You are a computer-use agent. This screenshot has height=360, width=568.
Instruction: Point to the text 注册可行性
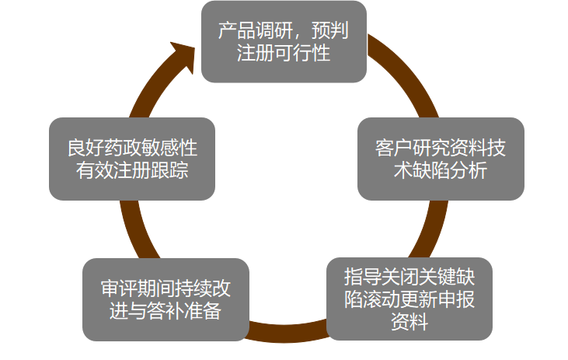pos(284,53)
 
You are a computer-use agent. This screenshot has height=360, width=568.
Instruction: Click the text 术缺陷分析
pos(441,170)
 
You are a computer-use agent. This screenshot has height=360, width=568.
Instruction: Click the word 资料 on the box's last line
pos(409,321)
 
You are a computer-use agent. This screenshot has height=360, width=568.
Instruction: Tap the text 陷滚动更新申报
pos(409,299)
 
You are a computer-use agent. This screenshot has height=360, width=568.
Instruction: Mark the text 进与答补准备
pos(166,311)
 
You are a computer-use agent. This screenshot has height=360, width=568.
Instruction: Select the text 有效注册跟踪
pos(132,170)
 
